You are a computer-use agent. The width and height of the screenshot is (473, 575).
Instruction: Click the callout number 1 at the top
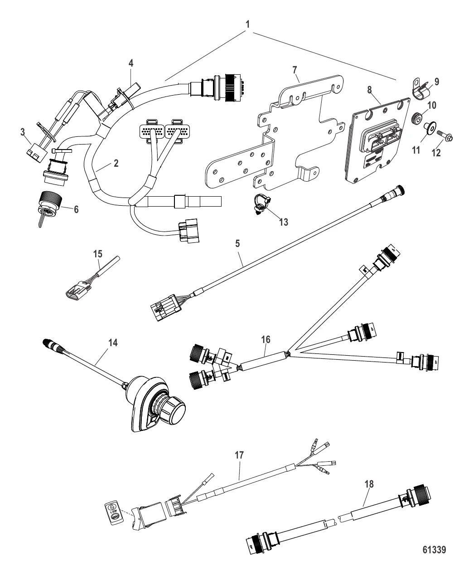click(247, 23)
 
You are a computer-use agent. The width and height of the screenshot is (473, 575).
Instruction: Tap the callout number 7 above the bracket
click(294, 70)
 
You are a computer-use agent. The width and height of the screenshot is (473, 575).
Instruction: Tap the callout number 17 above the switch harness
click(239, 456)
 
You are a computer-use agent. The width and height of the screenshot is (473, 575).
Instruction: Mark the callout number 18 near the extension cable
click(369, 484)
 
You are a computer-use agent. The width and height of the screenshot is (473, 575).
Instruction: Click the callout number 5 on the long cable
click(237, 243)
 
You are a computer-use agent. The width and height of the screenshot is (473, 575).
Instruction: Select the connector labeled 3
click(33, 150)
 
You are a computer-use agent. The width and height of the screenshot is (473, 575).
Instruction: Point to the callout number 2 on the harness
click(116, 164)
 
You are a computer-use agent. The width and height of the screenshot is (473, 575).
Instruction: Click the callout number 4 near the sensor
click(130, 63)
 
